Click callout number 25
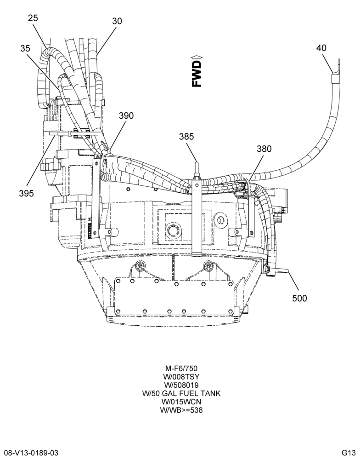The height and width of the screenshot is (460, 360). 33,18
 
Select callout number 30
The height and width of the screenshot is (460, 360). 117,21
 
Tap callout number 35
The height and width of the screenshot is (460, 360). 25,48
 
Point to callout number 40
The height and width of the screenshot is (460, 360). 321,48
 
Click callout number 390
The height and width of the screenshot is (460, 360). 126,115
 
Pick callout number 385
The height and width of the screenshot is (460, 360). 186,137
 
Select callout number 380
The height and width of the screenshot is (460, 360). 264,149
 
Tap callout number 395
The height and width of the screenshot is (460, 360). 27,193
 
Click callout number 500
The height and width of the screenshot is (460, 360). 300,299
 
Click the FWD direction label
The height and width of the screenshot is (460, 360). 197,74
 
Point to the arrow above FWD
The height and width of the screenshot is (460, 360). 197,57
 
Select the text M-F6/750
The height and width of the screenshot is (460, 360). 181,368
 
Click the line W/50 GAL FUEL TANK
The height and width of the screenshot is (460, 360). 181,393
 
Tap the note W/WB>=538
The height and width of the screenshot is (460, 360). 181,410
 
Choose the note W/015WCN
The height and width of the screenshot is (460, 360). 181,402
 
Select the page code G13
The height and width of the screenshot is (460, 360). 348,453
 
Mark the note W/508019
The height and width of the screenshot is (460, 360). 181,385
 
